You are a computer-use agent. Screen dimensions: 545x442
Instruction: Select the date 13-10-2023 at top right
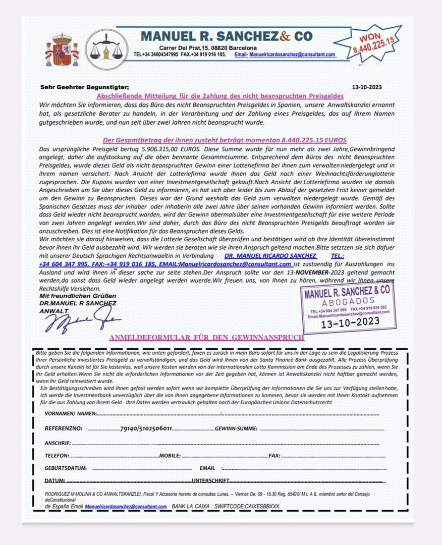[368, 87]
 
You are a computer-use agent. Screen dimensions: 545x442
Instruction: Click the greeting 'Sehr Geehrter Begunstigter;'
[84, 87]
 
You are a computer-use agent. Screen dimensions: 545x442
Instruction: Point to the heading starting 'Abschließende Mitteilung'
[219, 95]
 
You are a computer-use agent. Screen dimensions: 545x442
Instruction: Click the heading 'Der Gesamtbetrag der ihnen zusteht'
[221, 140]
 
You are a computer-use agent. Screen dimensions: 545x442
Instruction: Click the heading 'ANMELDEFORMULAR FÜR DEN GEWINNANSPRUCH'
[206, 338]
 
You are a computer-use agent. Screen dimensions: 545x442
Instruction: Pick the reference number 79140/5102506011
[146, 428]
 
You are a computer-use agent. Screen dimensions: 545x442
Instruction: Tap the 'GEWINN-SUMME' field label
[236, 428]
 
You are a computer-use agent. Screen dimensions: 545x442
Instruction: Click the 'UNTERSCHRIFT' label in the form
[210, 480]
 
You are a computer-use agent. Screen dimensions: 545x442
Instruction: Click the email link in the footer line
[126, 506]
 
